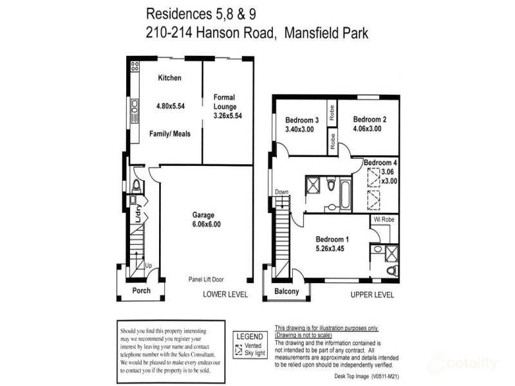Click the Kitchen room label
(170, 78)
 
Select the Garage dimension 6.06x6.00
(206, 225)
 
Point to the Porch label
(141, 291)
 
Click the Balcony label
(286, 291)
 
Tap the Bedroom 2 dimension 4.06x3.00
(367, 128)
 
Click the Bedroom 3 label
(302, 120)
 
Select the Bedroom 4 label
(381, 163)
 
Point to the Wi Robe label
(383, 219)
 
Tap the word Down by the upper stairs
(281, 192)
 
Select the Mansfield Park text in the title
(325, 33)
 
